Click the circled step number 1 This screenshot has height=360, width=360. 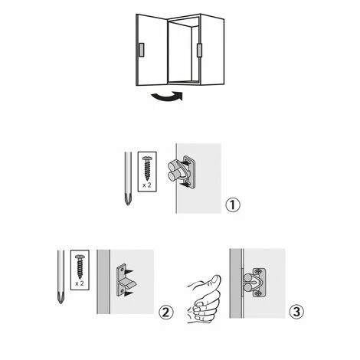point(233,205)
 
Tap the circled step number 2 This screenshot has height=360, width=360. point(166,312)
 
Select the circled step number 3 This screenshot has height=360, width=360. point(296,312)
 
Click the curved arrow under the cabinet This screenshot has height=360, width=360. point(167,97)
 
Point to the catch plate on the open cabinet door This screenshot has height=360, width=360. point(142,50)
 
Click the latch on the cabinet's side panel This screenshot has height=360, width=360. point(199,51)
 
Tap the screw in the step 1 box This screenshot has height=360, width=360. point(147,169)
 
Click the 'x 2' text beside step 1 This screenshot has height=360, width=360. point(147,185)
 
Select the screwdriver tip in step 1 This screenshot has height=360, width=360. point(128,200)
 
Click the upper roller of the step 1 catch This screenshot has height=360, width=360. point(173,166)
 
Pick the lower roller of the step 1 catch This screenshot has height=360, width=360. point(175,175)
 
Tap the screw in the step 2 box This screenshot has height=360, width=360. point(80,267)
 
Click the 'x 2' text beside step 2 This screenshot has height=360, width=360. point(80,283)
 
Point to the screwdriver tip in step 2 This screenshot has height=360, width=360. point(61,298)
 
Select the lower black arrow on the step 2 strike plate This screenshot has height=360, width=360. point(129,293)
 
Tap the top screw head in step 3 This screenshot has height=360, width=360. point(259,271)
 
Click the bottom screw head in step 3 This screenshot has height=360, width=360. point(259,293)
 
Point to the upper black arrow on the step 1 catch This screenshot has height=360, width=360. point(185,162)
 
